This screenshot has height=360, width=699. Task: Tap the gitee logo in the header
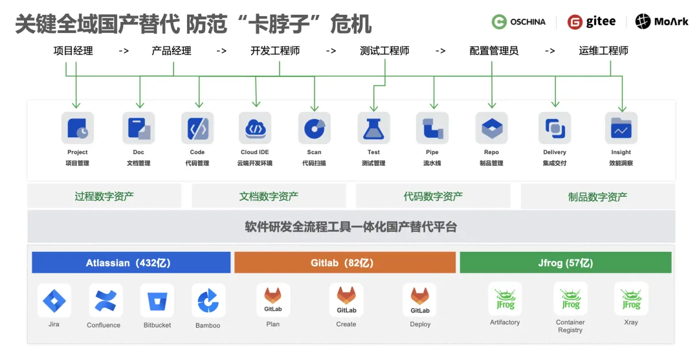pyautogui.click(x=592, y=22)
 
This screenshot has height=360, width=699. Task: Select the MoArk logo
pyautogui.click(x=661, y=22)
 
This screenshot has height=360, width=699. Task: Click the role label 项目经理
pyautogui.click(x=73, y=51)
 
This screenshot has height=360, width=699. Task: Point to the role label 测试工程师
pyautogui.click(x=384, y=51)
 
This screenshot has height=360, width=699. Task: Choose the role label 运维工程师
pyautogui.click(x=603, y=51)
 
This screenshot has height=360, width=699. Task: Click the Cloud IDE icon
pyautogui.click(x=255, y=128)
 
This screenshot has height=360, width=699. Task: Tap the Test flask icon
pyautogui.click(x=373, y=128)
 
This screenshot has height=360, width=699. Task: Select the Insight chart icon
pyautogui.click(x=621, y=128)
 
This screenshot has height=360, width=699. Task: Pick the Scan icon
pyautogui.click(x=314, y=128)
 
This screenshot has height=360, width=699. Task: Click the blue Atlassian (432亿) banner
pyautogui.click(x=131, y=263)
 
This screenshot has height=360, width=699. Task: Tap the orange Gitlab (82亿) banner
pyautogui.click(x=346, y=263)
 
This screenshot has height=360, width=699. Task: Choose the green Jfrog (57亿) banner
pyautogui.click(x=565, y=263)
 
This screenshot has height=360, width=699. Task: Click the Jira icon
pyautogui.click(x=54, y=300)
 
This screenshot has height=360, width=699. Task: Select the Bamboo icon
pyautogui.click(x=208, y=300)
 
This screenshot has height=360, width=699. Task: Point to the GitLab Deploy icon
pyautogui.click(x=419, y=300)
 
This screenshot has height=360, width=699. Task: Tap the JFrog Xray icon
pyautogui.click(x=630, y=299)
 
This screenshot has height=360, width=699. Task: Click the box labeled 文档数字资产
pyautogui.click(x=269, y=196)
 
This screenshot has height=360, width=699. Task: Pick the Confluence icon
pyautogui.click(x=104, y=300)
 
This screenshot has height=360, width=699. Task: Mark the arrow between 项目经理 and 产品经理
pyautogui.click(x=124, y=51)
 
